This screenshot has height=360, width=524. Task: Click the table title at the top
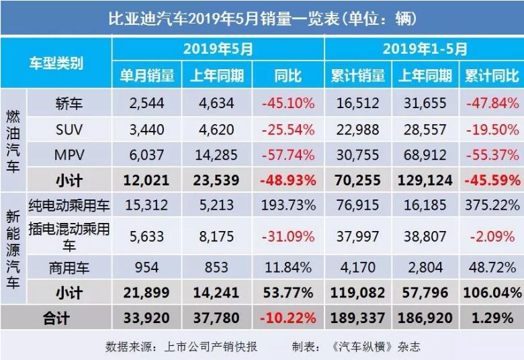tap(262, 17)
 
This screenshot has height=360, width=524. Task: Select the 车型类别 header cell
tap(56, 63)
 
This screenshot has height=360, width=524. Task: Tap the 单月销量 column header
tap(147, 75)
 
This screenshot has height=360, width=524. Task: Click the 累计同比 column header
tap(491, 75)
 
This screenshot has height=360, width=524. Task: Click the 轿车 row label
tap(70, 103)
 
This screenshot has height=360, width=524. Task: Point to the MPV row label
tap(70, 155)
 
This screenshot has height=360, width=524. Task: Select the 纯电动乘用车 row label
tap(70, 206)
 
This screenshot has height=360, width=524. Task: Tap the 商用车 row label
tap(70, 267)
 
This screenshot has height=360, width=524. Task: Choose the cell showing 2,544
tap(146, 103)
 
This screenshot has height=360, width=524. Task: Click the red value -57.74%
tap(288, 155)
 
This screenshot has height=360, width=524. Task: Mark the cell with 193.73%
tap(288, 206)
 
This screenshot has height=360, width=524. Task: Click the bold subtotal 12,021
tap(146, 181)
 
